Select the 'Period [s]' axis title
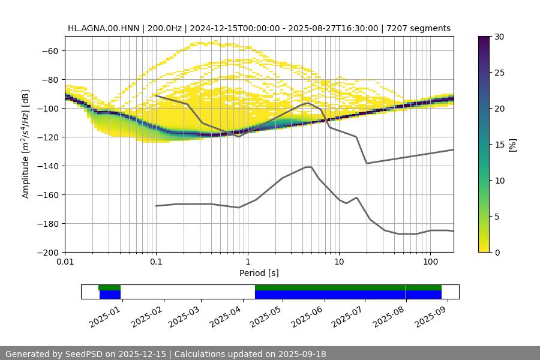pyautogui.click(x=259, y=274)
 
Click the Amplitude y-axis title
pyautogui.click(x=26, y=144)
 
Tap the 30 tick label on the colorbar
pyautogui.click(x=499, y=37)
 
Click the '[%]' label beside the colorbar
pyautogui.click(x=512, y=145)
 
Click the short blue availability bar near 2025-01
pyautogui.click(x=110, y=295)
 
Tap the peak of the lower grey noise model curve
pyautogui.click(x=308, y=167)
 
